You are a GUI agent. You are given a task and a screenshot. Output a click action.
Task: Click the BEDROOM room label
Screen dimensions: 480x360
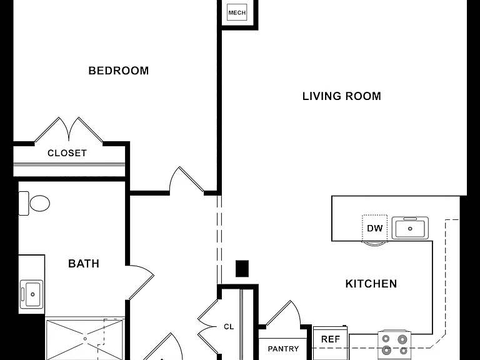(x=119, y=71)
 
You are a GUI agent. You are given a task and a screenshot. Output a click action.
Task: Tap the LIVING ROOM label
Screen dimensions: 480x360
(x=342, y=96)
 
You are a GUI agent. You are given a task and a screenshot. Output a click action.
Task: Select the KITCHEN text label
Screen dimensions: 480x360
(x=371, y=284)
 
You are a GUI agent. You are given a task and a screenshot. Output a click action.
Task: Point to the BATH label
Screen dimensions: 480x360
(x=84, y=264)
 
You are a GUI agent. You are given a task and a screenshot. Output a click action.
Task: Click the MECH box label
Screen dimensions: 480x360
(x=237, y=13)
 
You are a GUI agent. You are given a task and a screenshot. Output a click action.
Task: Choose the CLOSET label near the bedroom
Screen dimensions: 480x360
(x=67, y=153)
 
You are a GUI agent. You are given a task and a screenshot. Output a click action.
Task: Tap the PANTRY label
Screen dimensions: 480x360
(x=283, y=349)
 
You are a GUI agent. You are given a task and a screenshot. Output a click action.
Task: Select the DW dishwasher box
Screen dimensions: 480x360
(x=374, y=228)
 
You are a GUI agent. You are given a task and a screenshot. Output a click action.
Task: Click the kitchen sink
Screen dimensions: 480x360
(x=410, y=228)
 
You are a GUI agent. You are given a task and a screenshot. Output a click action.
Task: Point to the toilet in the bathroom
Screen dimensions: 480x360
(x=34, y=203)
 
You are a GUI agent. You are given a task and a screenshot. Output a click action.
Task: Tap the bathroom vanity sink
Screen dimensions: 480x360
(x=31, y=294)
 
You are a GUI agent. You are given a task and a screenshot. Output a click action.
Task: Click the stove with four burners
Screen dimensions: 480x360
(x=394, y=345)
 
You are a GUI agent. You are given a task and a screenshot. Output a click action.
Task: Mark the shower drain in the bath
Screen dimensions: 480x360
(x=85, y=339)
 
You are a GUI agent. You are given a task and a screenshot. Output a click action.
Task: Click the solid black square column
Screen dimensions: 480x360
(x=242, y=269)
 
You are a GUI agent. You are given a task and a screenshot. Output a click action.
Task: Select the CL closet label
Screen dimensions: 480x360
(x=229, y=327)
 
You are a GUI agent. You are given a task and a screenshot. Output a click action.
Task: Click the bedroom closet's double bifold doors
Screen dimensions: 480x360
(x=69, y=130)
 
